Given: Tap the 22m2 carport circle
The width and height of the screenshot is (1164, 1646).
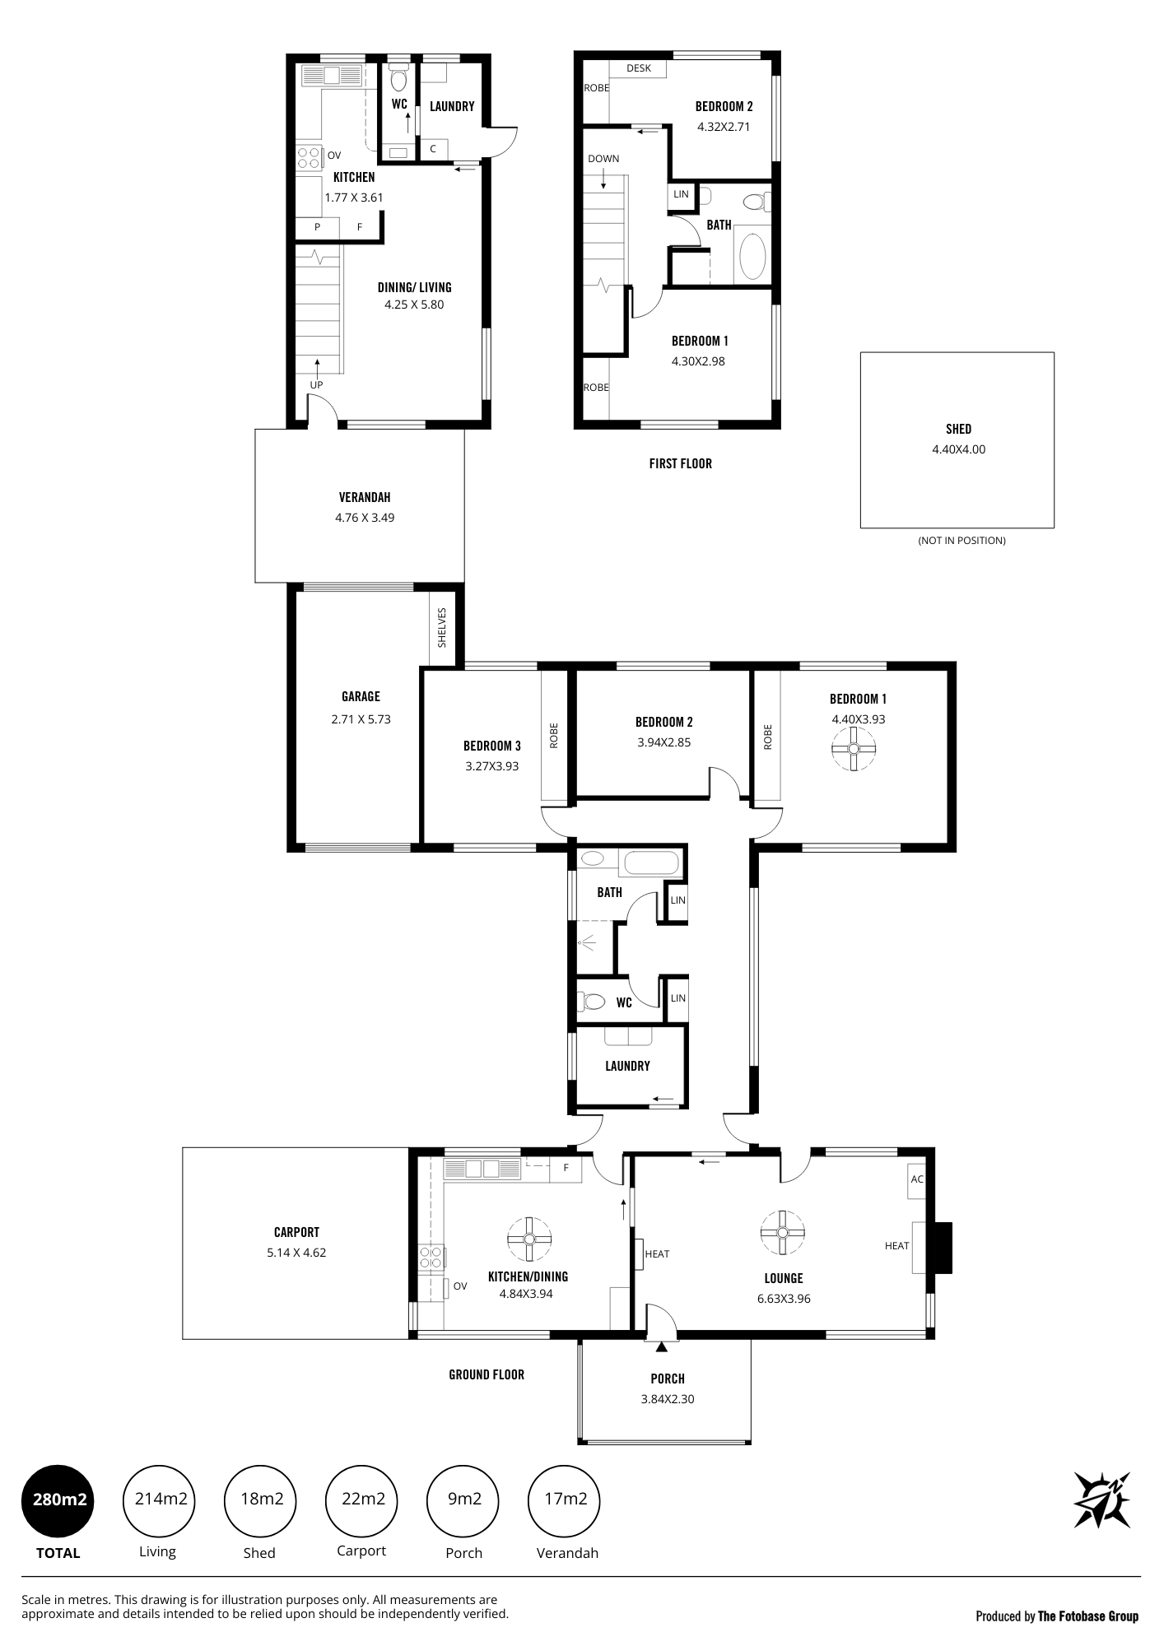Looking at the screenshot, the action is (x=363, y=1499).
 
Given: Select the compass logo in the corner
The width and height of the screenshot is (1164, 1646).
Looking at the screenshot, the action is (x=1101, y=1500).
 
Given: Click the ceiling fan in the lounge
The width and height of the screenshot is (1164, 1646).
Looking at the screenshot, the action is (x=783, y=1232).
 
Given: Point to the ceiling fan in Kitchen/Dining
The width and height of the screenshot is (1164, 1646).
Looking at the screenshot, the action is (x=528, y=1239).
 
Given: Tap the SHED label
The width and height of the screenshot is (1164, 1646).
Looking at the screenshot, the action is (x=958, y=429).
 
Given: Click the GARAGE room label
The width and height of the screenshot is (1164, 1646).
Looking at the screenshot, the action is (x=361, y=696).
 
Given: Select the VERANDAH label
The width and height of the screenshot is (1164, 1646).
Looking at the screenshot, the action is (x=365, y=497).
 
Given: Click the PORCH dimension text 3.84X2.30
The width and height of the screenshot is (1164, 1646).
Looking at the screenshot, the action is (x=668, y=1399).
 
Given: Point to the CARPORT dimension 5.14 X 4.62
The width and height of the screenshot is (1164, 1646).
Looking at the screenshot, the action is (x=296, y=1253).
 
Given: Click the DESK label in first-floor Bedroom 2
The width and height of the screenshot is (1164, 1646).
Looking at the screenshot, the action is (x=639, y=68).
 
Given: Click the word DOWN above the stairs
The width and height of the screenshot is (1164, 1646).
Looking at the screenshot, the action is (x=603, y=159).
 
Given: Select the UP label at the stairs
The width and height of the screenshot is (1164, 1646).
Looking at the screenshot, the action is (x=316, y=385).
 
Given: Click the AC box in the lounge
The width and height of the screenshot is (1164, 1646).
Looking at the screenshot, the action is (x=917, y=1179).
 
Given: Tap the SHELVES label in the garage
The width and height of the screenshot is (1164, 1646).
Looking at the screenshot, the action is (x=442, y=628).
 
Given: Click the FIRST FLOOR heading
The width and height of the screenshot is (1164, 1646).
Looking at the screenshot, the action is (x=680, y=463).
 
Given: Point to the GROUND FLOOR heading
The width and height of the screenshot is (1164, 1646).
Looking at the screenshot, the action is (x=487, y=1374).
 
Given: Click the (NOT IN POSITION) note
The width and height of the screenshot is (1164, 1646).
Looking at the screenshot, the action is (x=961, y=541).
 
